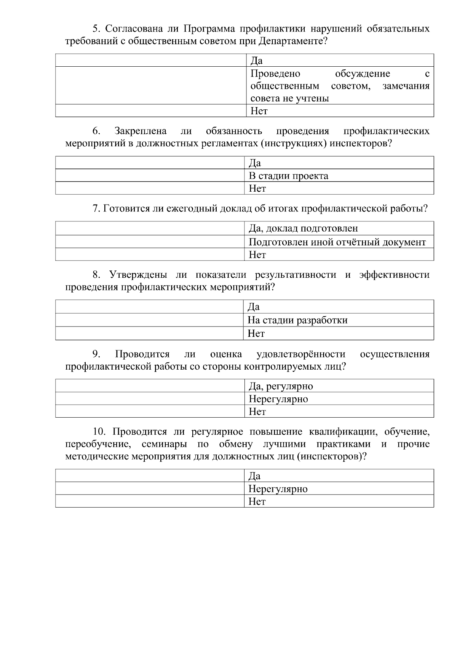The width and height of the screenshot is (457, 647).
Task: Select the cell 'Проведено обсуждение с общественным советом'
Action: [340, 86]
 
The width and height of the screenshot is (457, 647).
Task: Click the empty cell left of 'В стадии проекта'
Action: [150, 176]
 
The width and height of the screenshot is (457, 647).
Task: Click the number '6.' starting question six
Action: [96, 131]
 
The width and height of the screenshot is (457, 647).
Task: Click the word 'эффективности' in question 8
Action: [394, 275]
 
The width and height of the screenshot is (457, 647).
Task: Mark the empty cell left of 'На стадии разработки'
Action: [150, 320]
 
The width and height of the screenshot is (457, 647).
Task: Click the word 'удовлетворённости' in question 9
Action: [301, 354]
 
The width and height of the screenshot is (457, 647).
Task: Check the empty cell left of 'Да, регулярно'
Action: [150, 386]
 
